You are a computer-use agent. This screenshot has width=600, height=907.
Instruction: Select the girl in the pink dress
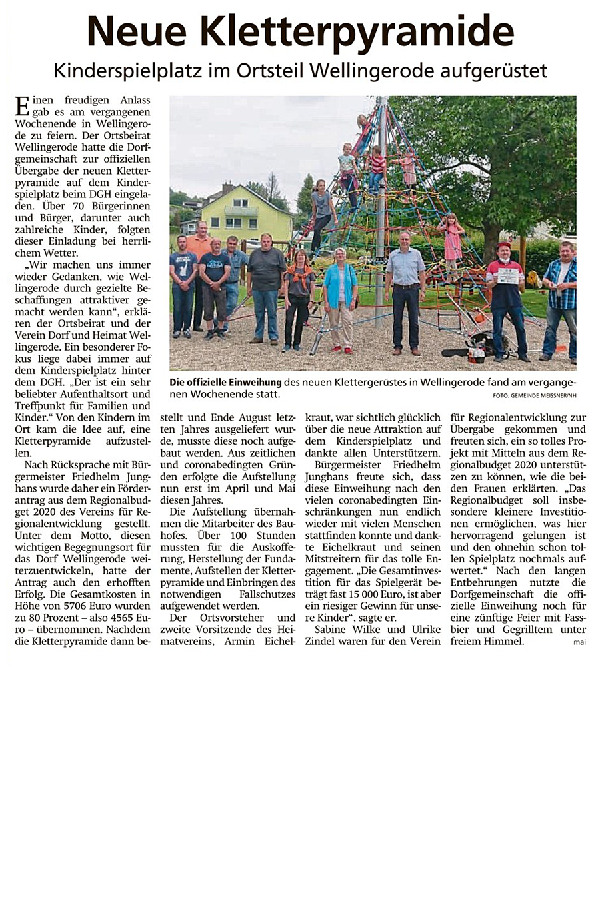[x=453, y=239]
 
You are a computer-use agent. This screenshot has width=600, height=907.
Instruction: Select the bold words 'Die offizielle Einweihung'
[x=226, y=383]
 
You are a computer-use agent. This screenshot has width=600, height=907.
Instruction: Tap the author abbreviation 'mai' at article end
[x=579, y=642]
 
